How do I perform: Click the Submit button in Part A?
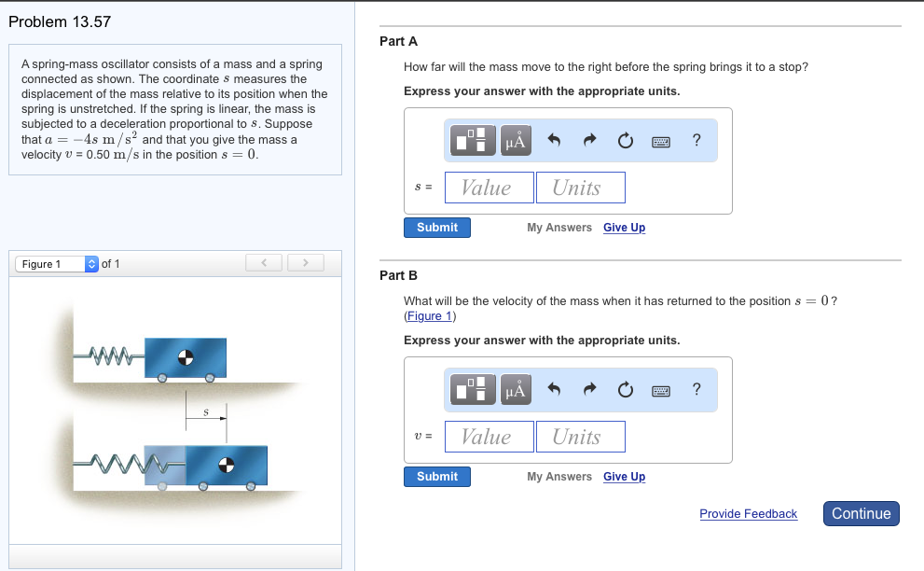point(437,228)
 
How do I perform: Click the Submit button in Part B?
point(437,477)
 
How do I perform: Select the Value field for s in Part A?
point(490,188)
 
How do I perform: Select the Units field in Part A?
point(581,188)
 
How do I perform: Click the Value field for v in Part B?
point(490,437)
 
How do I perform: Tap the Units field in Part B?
point(581,437)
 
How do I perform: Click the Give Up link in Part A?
point(624,228)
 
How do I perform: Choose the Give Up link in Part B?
point(624,477)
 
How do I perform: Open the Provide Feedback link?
point(749,514)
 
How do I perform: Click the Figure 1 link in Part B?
point(430,316)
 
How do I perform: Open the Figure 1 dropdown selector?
point(57,264)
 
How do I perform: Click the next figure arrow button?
point(305,263)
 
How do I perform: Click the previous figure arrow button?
point(264,263)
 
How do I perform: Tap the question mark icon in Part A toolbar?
point(696,140)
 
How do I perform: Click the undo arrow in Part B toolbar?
point(553,389)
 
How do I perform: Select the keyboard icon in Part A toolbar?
point(660,142)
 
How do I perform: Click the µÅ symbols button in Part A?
point(516,140)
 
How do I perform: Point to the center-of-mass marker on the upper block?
point(186,357)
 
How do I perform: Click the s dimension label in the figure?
point(206,411)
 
